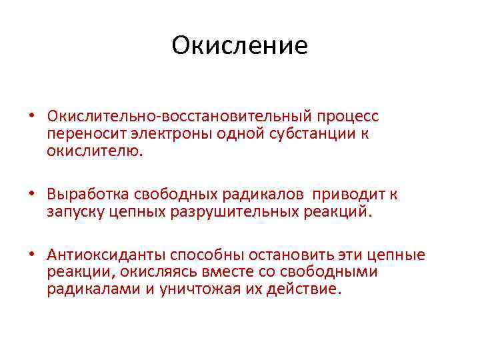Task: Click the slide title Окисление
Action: pos(239,46)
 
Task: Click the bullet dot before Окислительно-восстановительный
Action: pos(31,117)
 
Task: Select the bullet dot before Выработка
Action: pos(31,195)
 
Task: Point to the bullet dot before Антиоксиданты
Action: pos(31,256)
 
